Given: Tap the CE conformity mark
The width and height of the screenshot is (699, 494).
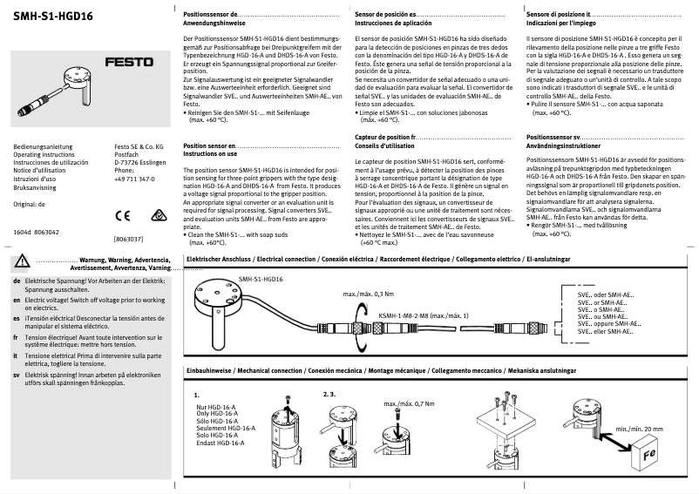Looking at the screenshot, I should (121, 213).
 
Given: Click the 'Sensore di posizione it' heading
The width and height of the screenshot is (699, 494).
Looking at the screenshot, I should (560, 16).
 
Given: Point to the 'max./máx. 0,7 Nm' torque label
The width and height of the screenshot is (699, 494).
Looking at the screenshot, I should (410, 404).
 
